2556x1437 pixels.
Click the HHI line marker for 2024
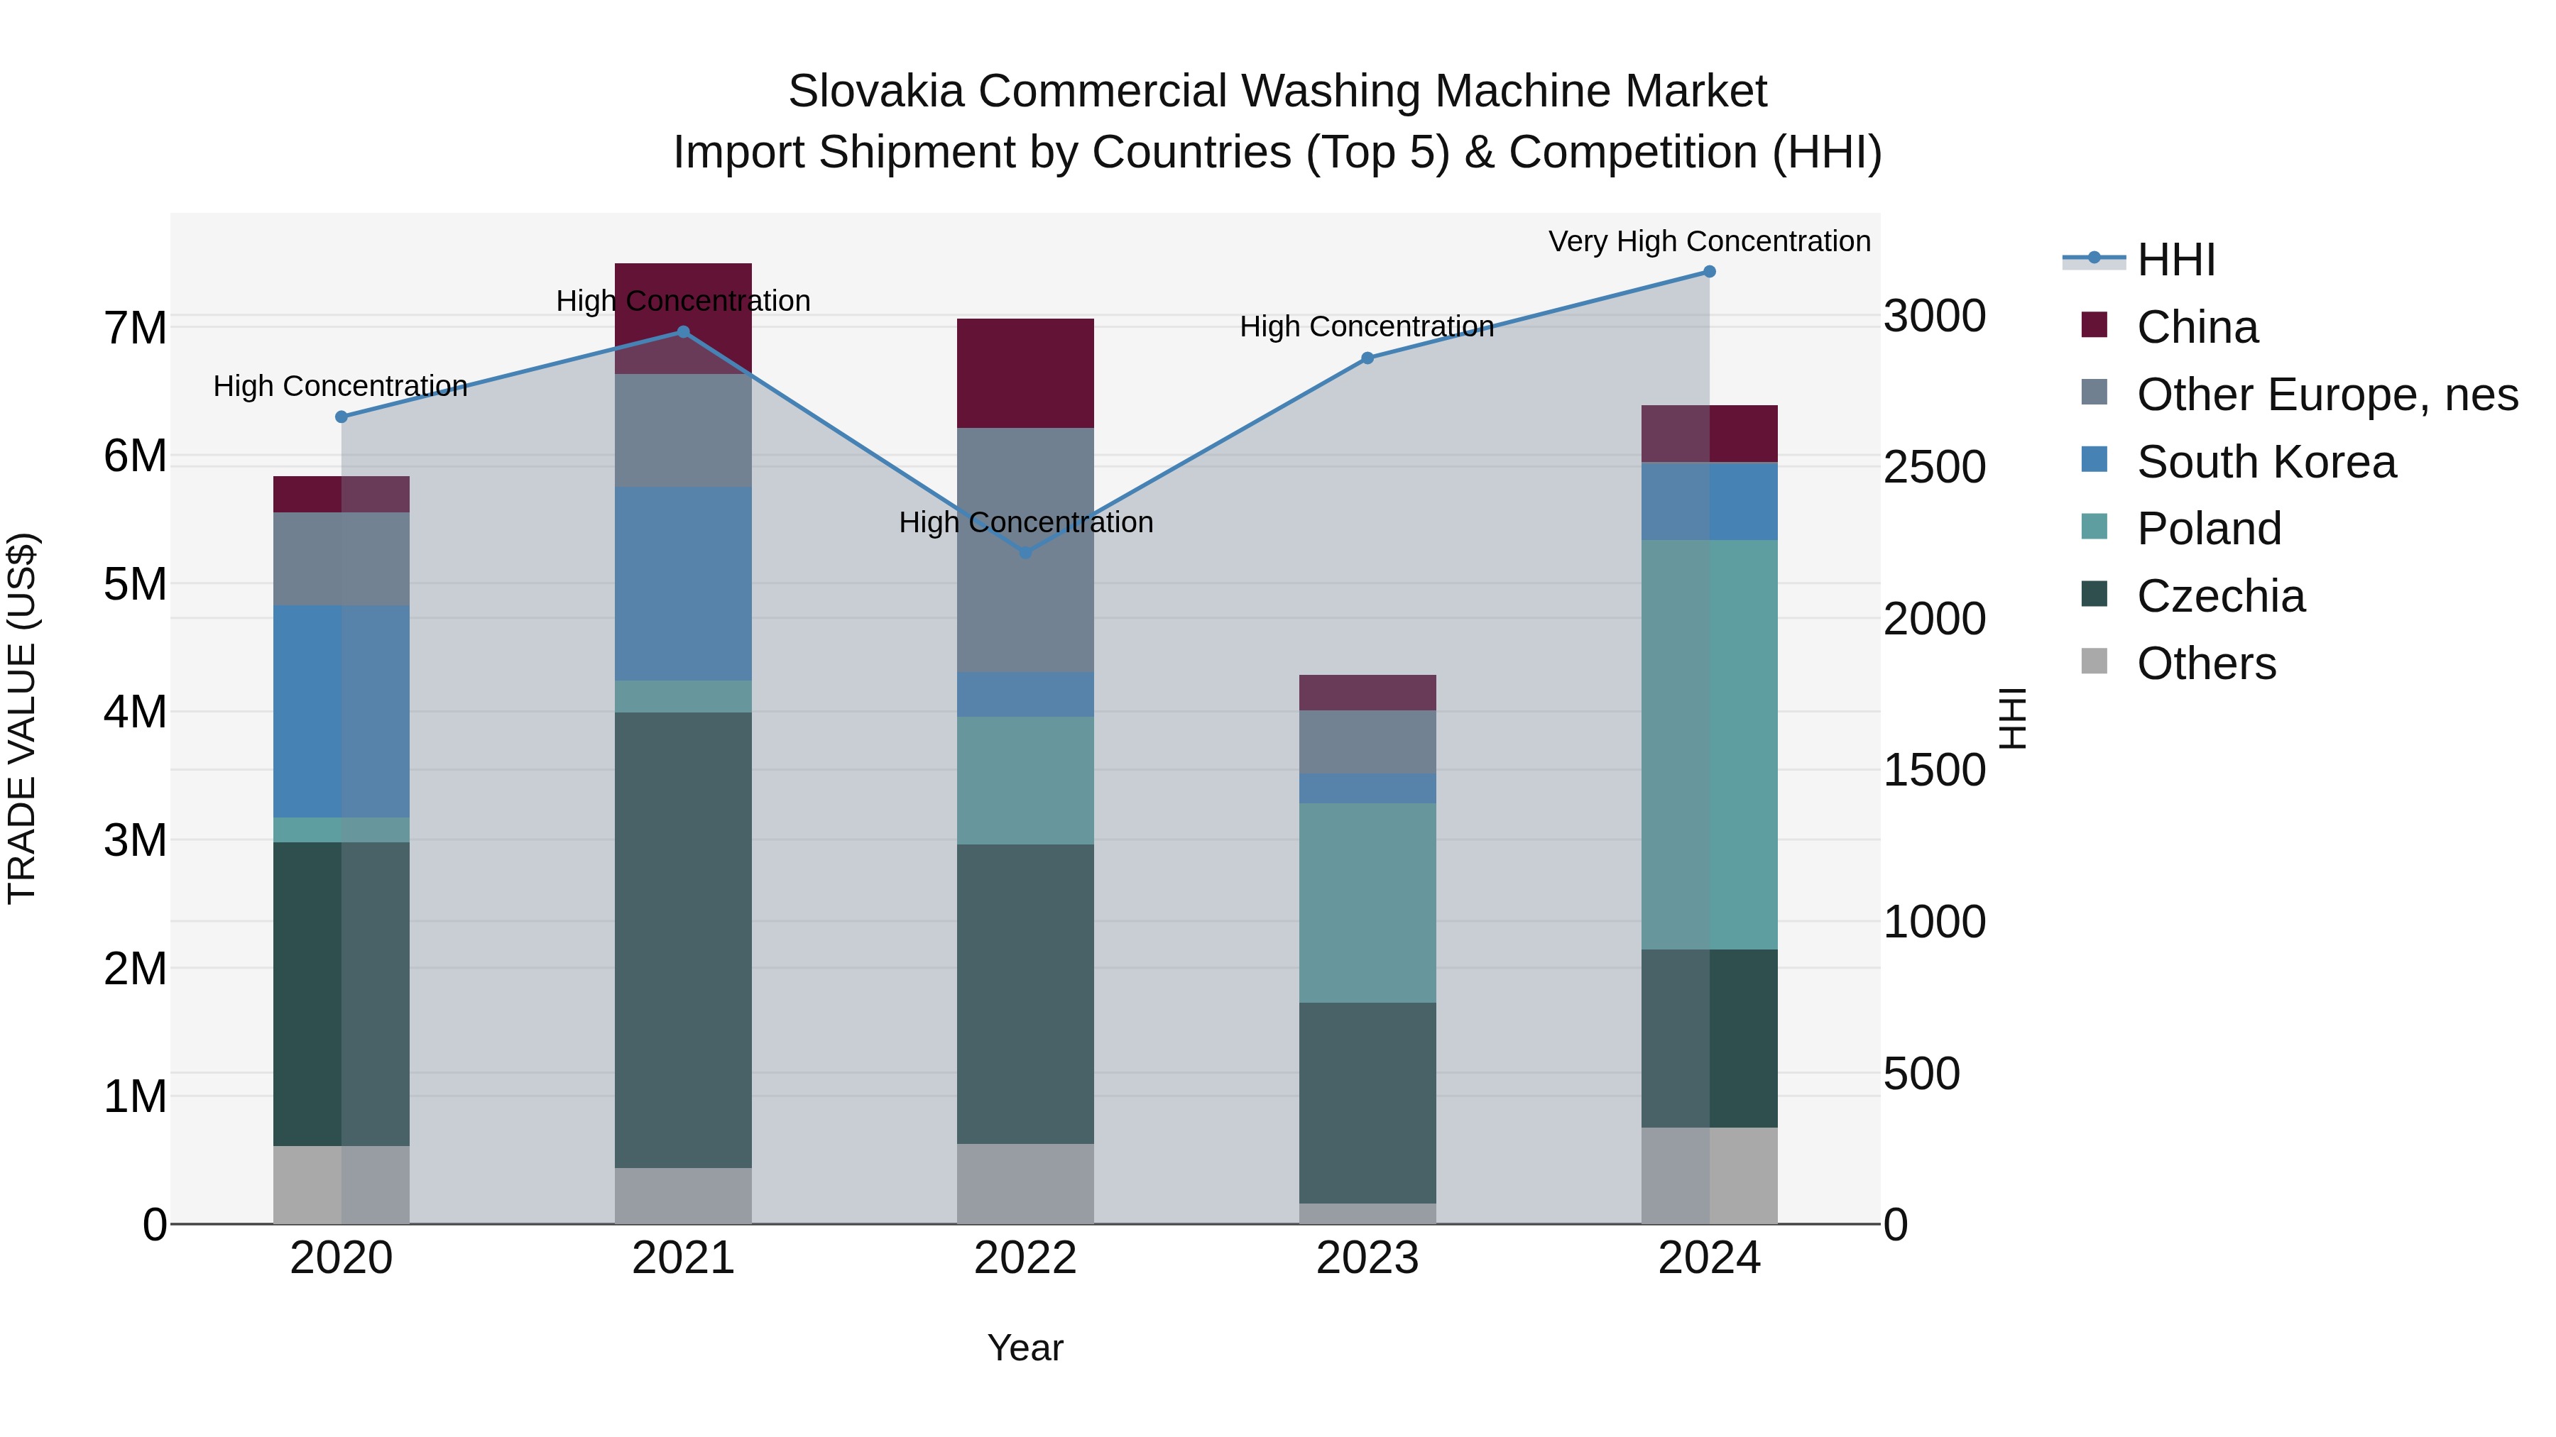pyautogui.click(x=1709, y=272)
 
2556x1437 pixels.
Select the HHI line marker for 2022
pyautogui.click(x=1026, y=552)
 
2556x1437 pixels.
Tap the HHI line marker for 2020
pyautogui.click(x=342, y=417)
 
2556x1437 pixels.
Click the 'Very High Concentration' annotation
pyautogui.click(x=1709, y=241)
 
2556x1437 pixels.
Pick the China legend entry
pyautogui.click(x=2197, y=327)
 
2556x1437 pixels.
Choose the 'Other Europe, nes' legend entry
pyautogui.click(x=2327, y=395)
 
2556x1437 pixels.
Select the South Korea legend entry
pyautogui.click(x=2266, y=462)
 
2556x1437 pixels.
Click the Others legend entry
pyautogui.click(x=2206, y=664)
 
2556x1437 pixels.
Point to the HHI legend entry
pyautogui.click(x=2175, y=260)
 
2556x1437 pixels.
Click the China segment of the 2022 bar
pyautogui.click(x=1025, y=373)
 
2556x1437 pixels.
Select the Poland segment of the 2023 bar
pyautogui.click(x=1367, y=903)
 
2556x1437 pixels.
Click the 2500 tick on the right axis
pyautogui.click(x=1934, y=468)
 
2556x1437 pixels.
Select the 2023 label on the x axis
pyautogui.click(x=1367, y=1258)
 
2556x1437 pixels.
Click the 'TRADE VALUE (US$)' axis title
pyautogui.click(x=22, y=718)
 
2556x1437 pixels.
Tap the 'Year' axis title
pyautogui.click(x=1025, y=1348)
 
